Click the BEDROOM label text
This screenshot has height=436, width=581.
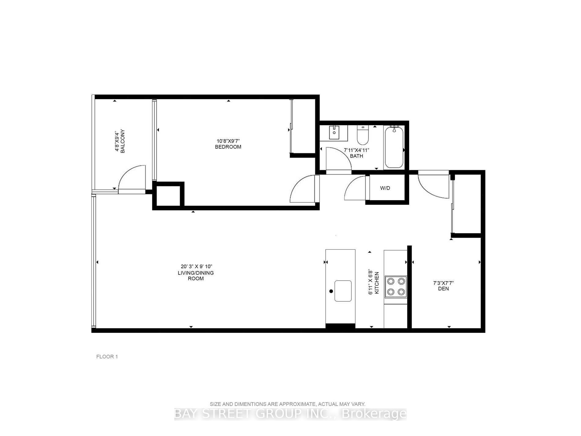pyautogui.click(x=228, y=147)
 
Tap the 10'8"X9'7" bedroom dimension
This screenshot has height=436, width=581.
pyautogui.click(x=228, y=141)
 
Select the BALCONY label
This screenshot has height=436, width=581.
pyautogui.click(x=123, y=141)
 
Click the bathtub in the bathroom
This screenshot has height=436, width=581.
pyautogui.click(x=394, y=148)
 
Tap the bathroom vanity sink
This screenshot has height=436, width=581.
pyautogui.click(x=334, y=133)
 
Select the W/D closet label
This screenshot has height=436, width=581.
pyautogui.click(x=385, y=188)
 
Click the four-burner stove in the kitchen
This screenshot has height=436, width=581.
pyautogui.click(x=396, y=286)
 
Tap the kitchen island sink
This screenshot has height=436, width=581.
pyautogui.click(x=343, y=291)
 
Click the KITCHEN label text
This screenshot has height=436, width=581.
pyautogui.click(x=377, y=283)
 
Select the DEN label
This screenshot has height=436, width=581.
pyautogui.click(x=443, y=289)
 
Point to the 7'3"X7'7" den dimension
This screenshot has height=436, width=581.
pyautogui.click(x=443, y=283)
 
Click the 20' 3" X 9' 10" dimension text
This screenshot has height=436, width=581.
pyautogui.click(x=196, y=266)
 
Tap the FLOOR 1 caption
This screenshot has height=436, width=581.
pyautogui.click(x=107, y=356)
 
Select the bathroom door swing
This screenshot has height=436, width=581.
pyautogui.click(x=338, y=160)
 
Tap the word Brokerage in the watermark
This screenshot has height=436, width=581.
pyautogui.click(x=374, y=414)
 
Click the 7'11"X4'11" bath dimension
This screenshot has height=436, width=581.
pyautogui.click(x=357, y=150)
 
